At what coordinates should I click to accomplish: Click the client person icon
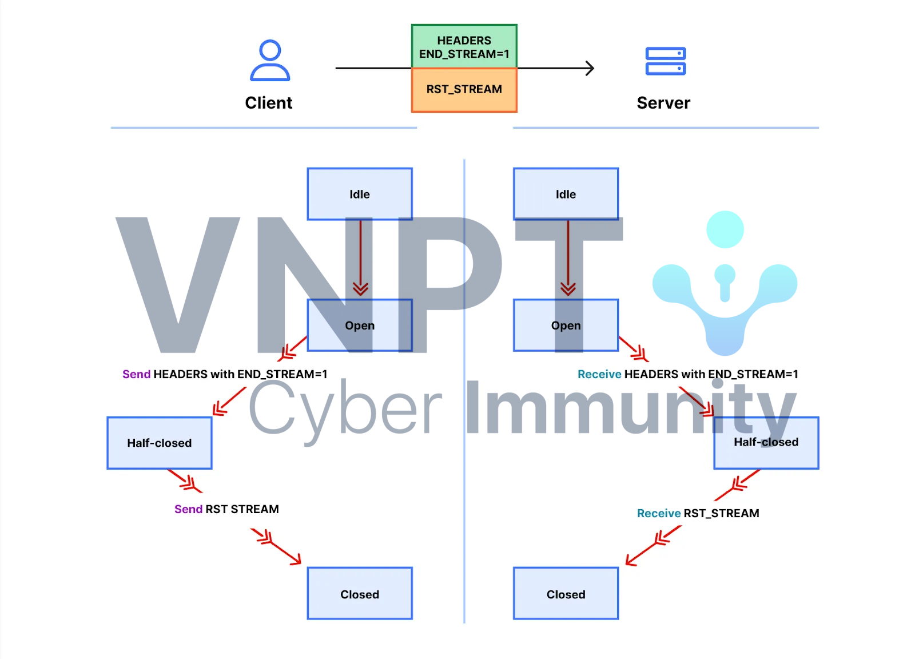270,60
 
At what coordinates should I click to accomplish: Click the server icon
665,61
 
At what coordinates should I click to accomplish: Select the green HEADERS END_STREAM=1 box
464,46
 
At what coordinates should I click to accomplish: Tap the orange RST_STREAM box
464,89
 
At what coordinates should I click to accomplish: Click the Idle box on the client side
360,194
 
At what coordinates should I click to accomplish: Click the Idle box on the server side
566,194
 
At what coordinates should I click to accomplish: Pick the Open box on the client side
360,325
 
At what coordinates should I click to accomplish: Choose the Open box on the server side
566,325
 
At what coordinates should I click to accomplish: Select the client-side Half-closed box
160,443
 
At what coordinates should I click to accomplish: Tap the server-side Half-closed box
766,442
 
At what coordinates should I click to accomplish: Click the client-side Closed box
360,594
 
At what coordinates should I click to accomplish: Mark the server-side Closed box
566,594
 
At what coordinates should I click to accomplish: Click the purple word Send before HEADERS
136,374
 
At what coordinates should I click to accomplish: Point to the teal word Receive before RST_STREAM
659,513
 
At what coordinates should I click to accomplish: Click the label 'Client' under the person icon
269,103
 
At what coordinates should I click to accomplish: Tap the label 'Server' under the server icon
663,103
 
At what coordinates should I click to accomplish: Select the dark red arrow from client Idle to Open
360,257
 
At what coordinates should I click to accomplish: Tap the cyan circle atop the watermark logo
725,229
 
